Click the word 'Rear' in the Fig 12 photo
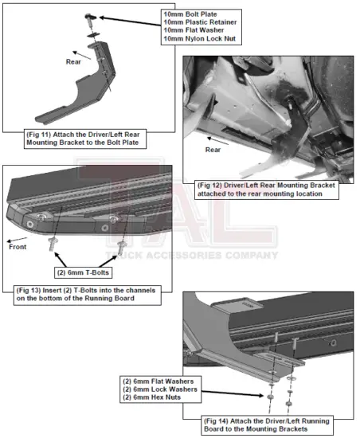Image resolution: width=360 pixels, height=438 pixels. click(x=213, y=148)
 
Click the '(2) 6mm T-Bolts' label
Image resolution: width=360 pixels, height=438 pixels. click(x=87, y=272)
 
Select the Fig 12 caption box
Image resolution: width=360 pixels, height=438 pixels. click(x=268, y=189)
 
